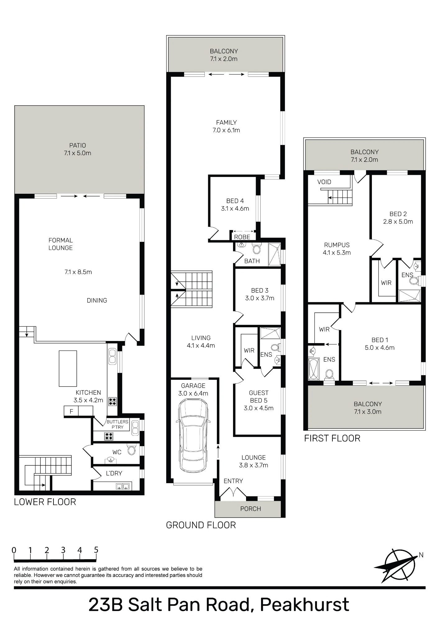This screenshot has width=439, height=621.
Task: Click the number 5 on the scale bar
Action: coord(96,550)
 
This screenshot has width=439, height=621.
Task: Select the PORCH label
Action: coord(250,509)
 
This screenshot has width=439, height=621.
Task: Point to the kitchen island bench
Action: coord(68,368)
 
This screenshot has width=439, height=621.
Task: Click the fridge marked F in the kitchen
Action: coord(71,411)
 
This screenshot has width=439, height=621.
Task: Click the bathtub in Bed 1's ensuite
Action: coord(313,369)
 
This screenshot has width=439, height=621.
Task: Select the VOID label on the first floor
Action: coord(324,182)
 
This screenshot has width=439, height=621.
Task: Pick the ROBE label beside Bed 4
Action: coord(242,237)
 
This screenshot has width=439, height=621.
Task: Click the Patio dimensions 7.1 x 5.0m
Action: coord(77,153)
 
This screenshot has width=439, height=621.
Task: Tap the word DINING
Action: coord(97,300)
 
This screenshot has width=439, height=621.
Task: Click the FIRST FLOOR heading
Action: coord(332,438)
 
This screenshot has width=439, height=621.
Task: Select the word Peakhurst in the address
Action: coord(304,605)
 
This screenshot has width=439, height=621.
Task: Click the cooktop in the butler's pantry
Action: coord(109,436)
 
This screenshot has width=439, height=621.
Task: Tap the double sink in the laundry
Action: coord(122,487)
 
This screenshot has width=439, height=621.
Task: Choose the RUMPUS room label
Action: coord(337,245)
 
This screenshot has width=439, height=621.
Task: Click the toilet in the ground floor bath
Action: coord(256,249)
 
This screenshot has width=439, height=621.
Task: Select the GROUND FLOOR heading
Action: coord(201,525)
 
